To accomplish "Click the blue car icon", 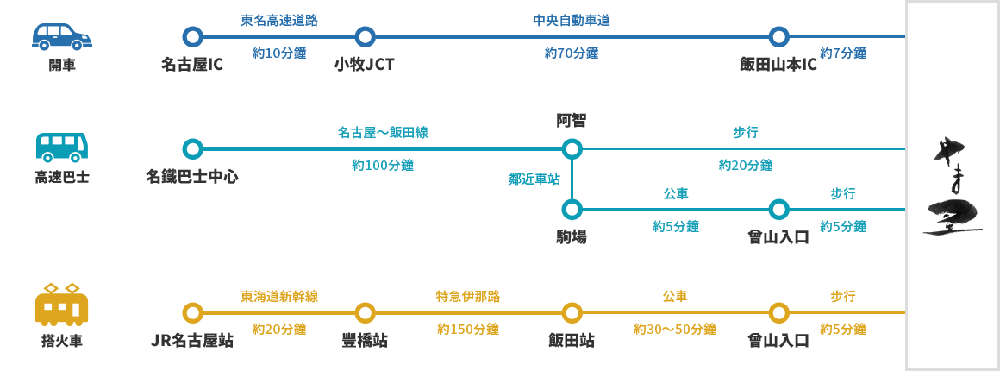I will [x=62, y=37].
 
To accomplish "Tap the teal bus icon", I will [x=62, y=148].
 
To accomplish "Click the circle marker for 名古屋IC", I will [x=192, y=37].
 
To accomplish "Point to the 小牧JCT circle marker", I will [x=365, y=37].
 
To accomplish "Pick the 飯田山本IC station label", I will [x=778, y=65].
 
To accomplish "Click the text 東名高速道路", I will [x=278, y=20].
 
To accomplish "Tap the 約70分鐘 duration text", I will [x=571, y=53].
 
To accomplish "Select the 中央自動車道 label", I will [x=571, y=20].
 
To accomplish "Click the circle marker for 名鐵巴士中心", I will [x=192, y=149].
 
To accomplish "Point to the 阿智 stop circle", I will [x=572, y=149].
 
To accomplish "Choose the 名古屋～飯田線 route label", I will [x=382, y=133].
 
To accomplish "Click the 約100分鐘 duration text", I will [x=382, y=165].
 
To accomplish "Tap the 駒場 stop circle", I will [x=572, y=210].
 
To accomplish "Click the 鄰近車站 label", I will [x=534, y=179].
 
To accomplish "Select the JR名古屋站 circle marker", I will [x=192, y=312].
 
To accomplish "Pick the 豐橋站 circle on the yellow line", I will [x=365, y=312].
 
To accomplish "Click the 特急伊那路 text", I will [x=467, y=296].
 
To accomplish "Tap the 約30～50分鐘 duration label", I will [x=674, y=329].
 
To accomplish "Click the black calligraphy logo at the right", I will [x=952, y=185].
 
